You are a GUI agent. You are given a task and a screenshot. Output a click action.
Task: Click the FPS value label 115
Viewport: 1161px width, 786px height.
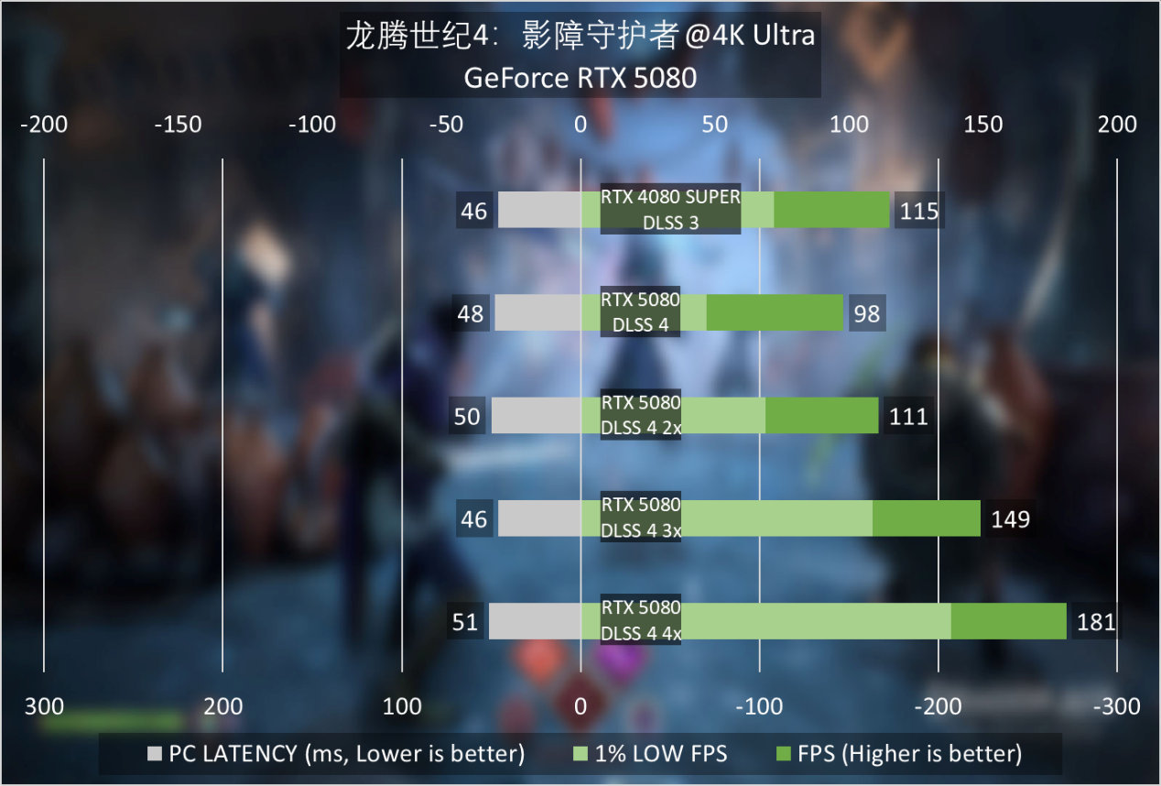(x=919, y=212)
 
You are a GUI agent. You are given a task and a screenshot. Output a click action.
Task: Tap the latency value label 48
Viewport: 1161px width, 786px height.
(x=471, y=314)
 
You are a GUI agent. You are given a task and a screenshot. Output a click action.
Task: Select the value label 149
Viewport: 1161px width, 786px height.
(x=1011, y=519)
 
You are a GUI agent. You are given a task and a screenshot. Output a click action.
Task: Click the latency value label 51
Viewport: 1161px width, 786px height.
(x=465, y=623)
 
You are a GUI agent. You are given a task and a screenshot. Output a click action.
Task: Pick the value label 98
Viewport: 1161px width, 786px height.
(x=866, y=314)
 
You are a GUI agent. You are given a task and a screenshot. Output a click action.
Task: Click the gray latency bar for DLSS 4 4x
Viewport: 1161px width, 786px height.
(x=535, y=621)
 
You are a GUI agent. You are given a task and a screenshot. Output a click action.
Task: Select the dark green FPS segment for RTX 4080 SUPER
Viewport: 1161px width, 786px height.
(x=831, y=210)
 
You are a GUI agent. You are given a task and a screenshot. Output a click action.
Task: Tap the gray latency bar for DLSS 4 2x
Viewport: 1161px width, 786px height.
(x=537, y=416)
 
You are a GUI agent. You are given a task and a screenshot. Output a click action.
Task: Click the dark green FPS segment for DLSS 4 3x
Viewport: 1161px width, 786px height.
(x=926, y=519)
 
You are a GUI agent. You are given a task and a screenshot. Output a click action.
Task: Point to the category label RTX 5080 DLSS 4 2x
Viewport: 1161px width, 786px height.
(x=641, y=415)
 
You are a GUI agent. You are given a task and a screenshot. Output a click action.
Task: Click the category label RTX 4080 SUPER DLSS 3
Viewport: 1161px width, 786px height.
(x=670, y=210)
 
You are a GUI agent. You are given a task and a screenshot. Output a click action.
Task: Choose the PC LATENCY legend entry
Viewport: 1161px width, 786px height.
(x=335, y=754)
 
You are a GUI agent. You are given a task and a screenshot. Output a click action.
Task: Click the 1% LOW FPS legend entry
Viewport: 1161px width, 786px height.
(x=649, y=754)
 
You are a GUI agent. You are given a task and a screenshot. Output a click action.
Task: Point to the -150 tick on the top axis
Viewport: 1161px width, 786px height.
(x=178, y=125)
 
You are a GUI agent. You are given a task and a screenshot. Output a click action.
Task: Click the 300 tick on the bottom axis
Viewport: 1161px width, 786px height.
(x=44, y=706)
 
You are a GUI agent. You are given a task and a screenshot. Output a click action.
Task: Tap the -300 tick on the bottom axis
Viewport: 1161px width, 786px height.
(x=1117, y=706)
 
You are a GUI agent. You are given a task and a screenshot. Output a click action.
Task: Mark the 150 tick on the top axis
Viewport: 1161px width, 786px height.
(x=983, y=125)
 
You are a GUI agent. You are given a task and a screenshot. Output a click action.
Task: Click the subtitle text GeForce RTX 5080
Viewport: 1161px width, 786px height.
(x=580, y=79)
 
